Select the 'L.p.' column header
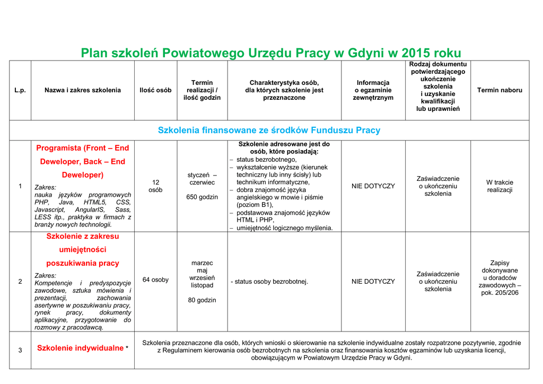pyautogui.click(x=20, y=90)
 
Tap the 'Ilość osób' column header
pyautogui.click(x=155, y=90)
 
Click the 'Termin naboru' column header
pyautogui.click(x=500, y=90)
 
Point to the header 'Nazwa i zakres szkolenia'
pyautogui.click(x=83, y=90)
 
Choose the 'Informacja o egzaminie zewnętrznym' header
pyautogui.click(x=373, y=90)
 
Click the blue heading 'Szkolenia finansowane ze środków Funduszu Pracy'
pyautogui.click(x=269, y=130)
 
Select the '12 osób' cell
pyautogui.click(x=155, y=186)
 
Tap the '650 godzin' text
pyautogui.click(x=202, y=197)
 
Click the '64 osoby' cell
pyautogui.click(x=155, y=280)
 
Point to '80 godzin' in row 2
pyautogui.click(x=202, y=300)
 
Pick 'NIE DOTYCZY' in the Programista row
pyautogui.click(x=373, y=186)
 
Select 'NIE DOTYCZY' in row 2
pyautogui.click(x=373, y=282)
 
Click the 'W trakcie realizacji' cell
pyautogui.click(x=500, y=186)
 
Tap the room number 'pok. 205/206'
pyautogui.click(x=500, y=293)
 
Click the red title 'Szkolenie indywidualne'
pyautogui.click(x=80, y=348)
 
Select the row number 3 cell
pyautogui.click(x=20, y=350)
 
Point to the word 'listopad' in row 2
pyautogui.click(x=202, y=285)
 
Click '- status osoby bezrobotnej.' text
pyautogui.click(x=269, y=282)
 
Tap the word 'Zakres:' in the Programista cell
pyautogui.click(x=45, y=187)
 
